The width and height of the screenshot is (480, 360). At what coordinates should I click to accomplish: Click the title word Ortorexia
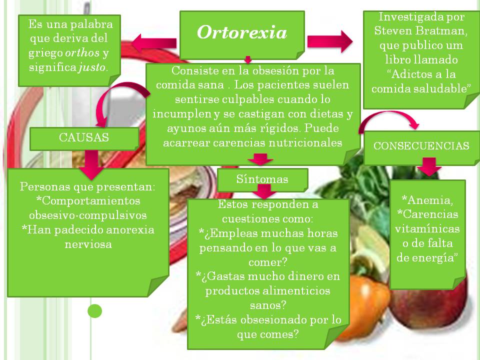tap(242, 32)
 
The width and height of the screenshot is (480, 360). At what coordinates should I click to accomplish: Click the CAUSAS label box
tap(84, 137)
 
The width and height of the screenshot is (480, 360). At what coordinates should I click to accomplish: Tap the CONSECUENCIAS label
tap(421, 146)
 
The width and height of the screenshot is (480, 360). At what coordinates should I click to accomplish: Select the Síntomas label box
tap(262, 179)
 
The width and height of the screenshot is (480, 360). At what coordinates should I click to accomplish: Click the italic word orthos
tap(83, 53)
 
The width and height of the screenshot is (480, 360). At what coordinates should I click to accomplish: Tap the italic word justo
tap(92, 67)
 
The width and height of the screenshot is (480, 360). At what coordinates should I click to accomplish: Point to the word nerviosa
tap(88, 244)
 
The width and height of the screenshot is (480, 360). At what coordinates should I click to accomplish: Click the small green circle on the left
tap(94, 311)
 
